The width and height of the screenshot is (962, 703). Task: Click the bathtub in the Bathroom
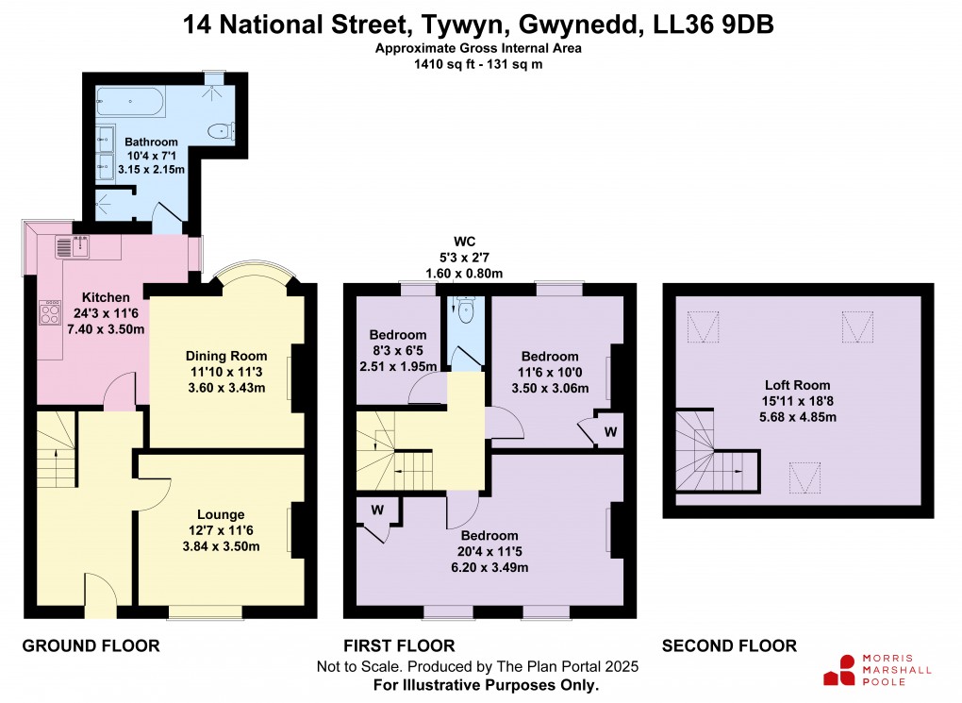pos(132,100)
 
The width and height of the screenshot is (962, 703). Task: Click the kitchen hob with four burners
pos(49,312)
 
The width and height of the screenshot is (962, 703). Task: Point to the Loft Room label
pos(797,385)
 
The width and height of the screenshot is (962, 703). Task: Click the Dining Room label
pos(226,356)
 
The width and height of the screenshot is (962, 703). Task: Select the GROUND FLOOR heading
pos(91,645)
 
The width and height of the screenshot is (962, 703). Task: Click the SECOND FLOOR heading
pos(729,645)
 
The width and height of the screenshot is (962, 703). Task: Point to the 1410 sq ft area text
pos(444,65)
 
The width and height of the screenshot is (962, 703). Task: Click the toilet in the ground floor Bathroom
pos(221,131)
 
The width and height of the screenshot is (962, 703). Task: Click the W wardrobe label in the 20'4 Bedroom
pos(377,511)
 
